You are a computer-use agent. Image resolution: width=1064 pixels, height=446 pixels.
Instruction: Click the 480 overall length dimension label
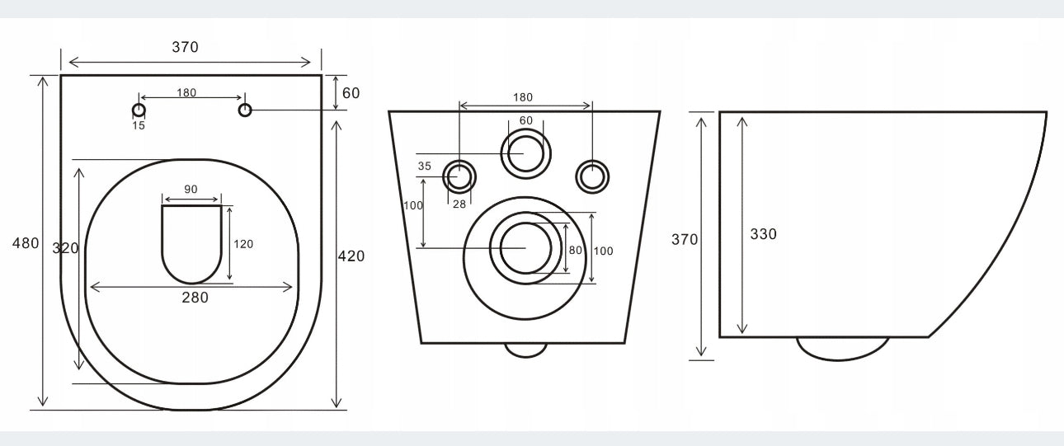tap(25, 243)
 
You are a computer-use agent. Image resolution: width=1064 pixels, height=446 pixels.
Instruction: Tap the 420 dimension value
tap(351, 256)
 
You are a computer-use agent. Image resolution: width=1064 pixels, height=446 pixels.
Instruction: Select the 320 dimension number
tap(65, 248)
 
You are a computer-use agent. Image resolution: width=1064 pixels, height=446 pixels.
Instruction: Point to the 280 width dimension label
tap(195, 298)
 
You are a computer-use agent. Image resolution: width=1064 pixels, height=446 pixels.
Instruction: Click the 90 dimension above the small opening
tap(191, 189)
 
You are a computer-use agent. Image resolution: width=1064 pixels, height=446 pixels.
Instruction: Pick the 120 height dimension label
tap(244, 244)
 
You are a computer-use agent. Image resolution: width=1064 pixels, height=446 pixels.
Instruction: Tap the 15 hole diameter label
tap(139, 125)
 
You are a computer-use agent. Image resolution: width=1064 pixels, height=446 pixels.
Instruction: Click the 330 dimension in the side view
tap(763, 234)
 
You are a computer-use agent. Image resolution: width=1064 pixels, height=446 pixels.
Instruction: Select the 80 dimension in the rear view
tap(576, 250)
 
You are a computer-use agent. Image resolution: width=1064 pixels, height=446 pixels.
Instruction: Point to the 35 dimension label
tap(425, 166)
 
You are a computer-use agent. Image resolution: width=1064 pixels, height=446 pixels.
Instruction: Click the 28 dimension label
tap(459, 204)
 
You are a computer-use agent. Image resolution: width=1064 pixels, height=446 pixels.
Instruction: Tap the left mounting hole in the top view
tap(139, 110)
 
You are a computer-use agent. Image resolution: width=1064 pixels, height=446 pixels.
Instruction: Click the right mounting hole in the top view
tap(245, 110)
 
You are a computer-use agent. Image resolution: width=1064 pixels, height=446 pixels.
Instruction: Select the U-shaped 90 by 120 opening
tap(191, 241)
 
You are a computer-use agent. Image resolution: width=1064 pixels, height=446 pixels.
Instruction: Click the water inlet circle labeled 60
tap(525, 153)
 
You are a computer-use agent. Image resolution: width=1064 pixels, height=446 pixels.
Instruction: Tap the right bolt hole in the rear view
tap(591, 176)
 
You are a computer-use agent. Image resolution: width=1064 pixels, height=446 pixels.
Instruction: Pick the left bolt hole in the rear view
tap(459, 176)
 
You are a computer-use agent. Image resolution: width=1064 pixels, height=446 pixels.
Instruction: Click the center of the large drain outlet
tap(525, 247)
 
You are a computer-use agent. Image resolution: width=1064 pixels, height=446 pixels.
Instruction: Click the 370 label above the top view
tap(185, 47)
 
